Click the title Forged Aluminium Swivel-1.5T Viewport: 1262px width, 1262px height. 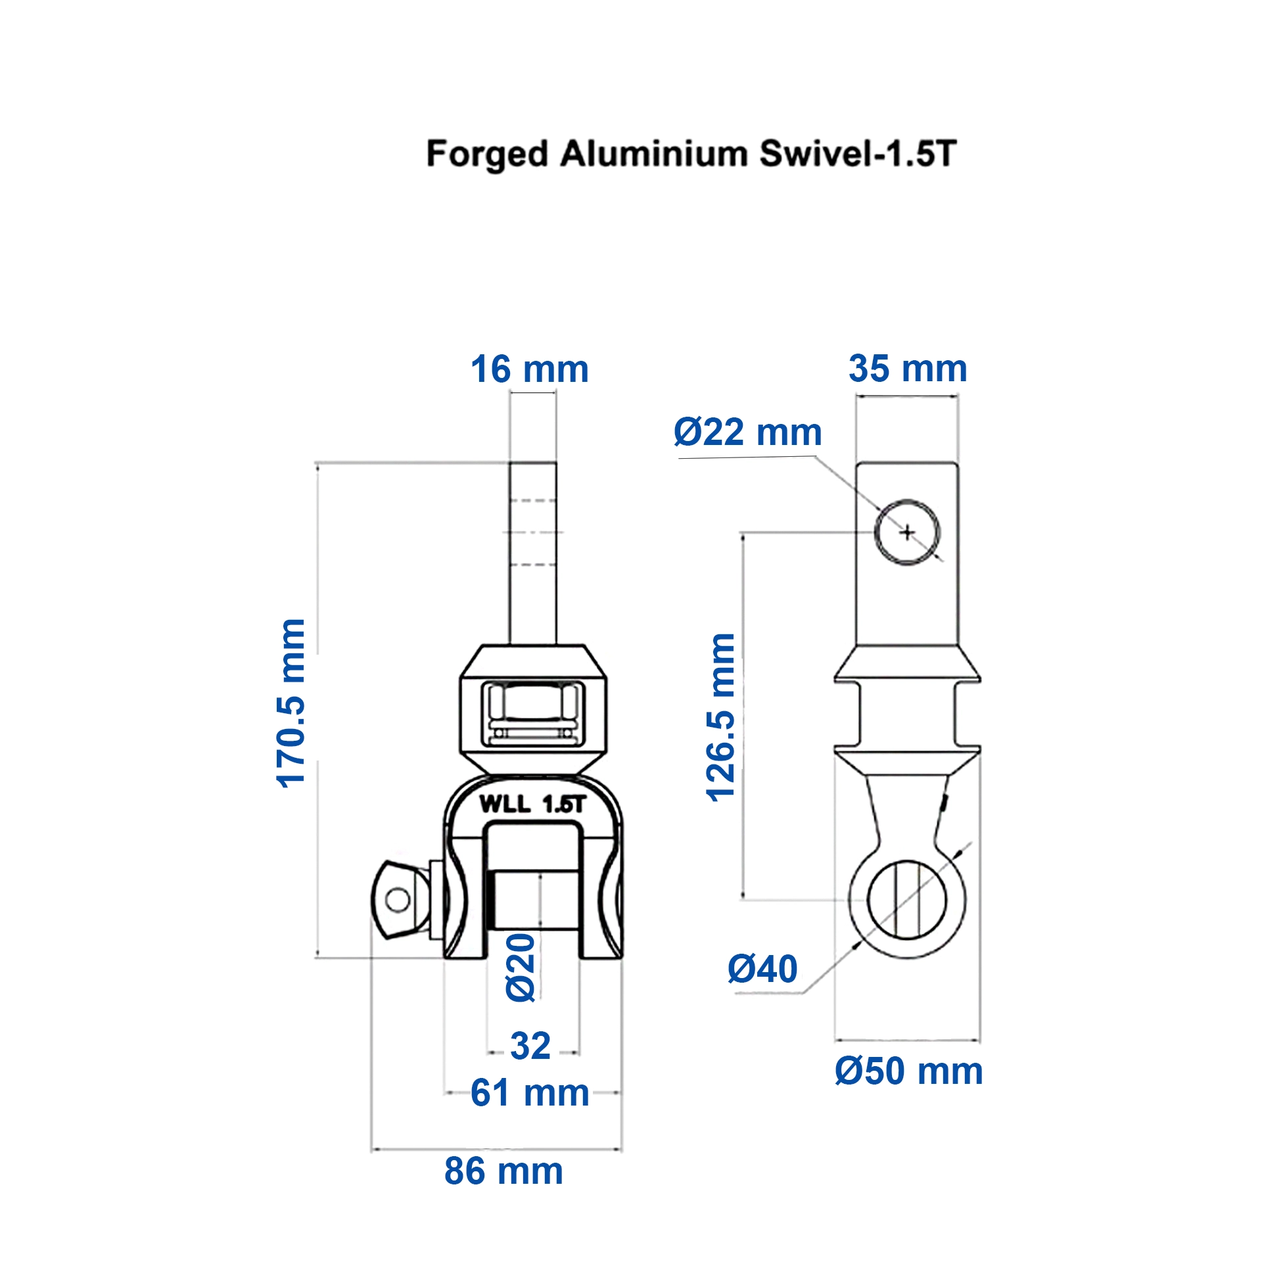tap(691, 154)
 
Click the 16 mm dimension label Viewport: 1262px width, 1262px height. tap(529, 369)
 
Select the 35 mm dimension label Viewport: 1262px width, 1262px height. tap(907, 369)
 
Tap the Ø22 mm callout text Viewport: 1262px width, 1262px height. tap(747, 432)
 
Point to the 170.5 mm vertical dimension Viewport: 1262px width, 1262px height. tap(291, 703)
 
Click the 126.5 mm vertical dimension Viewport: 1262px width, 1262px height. tap(720, 717)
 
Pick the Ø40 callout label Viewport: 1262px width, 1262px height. tap(762, 969)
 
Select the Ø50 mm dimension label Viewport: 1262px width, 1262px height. tap(908, 1071)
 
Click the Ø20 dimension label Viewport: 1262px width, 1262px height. tap(521, 967)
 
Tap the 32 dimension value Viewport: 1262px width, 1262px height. tap(530, 1046)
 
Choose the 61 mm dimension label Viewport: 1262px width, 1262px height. tap(530, 1093)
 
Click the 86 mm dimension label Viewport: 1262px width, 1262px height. tap(503, 1171)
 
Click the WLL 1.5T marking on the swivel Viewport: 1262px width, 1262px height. tap(532, 804)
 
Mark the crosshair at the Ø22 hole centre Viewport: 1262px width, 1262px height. tap(907, 532)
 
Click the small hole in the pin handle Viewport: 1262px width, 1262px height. tap(397, 900)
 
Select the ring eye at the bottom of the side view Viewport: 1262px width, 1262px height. tap(906, 900)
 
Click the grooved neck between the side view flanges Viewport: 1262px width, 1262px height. tap(907, 714)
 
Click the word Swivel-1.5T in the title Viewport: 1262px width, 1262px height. tap(858, 154)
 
